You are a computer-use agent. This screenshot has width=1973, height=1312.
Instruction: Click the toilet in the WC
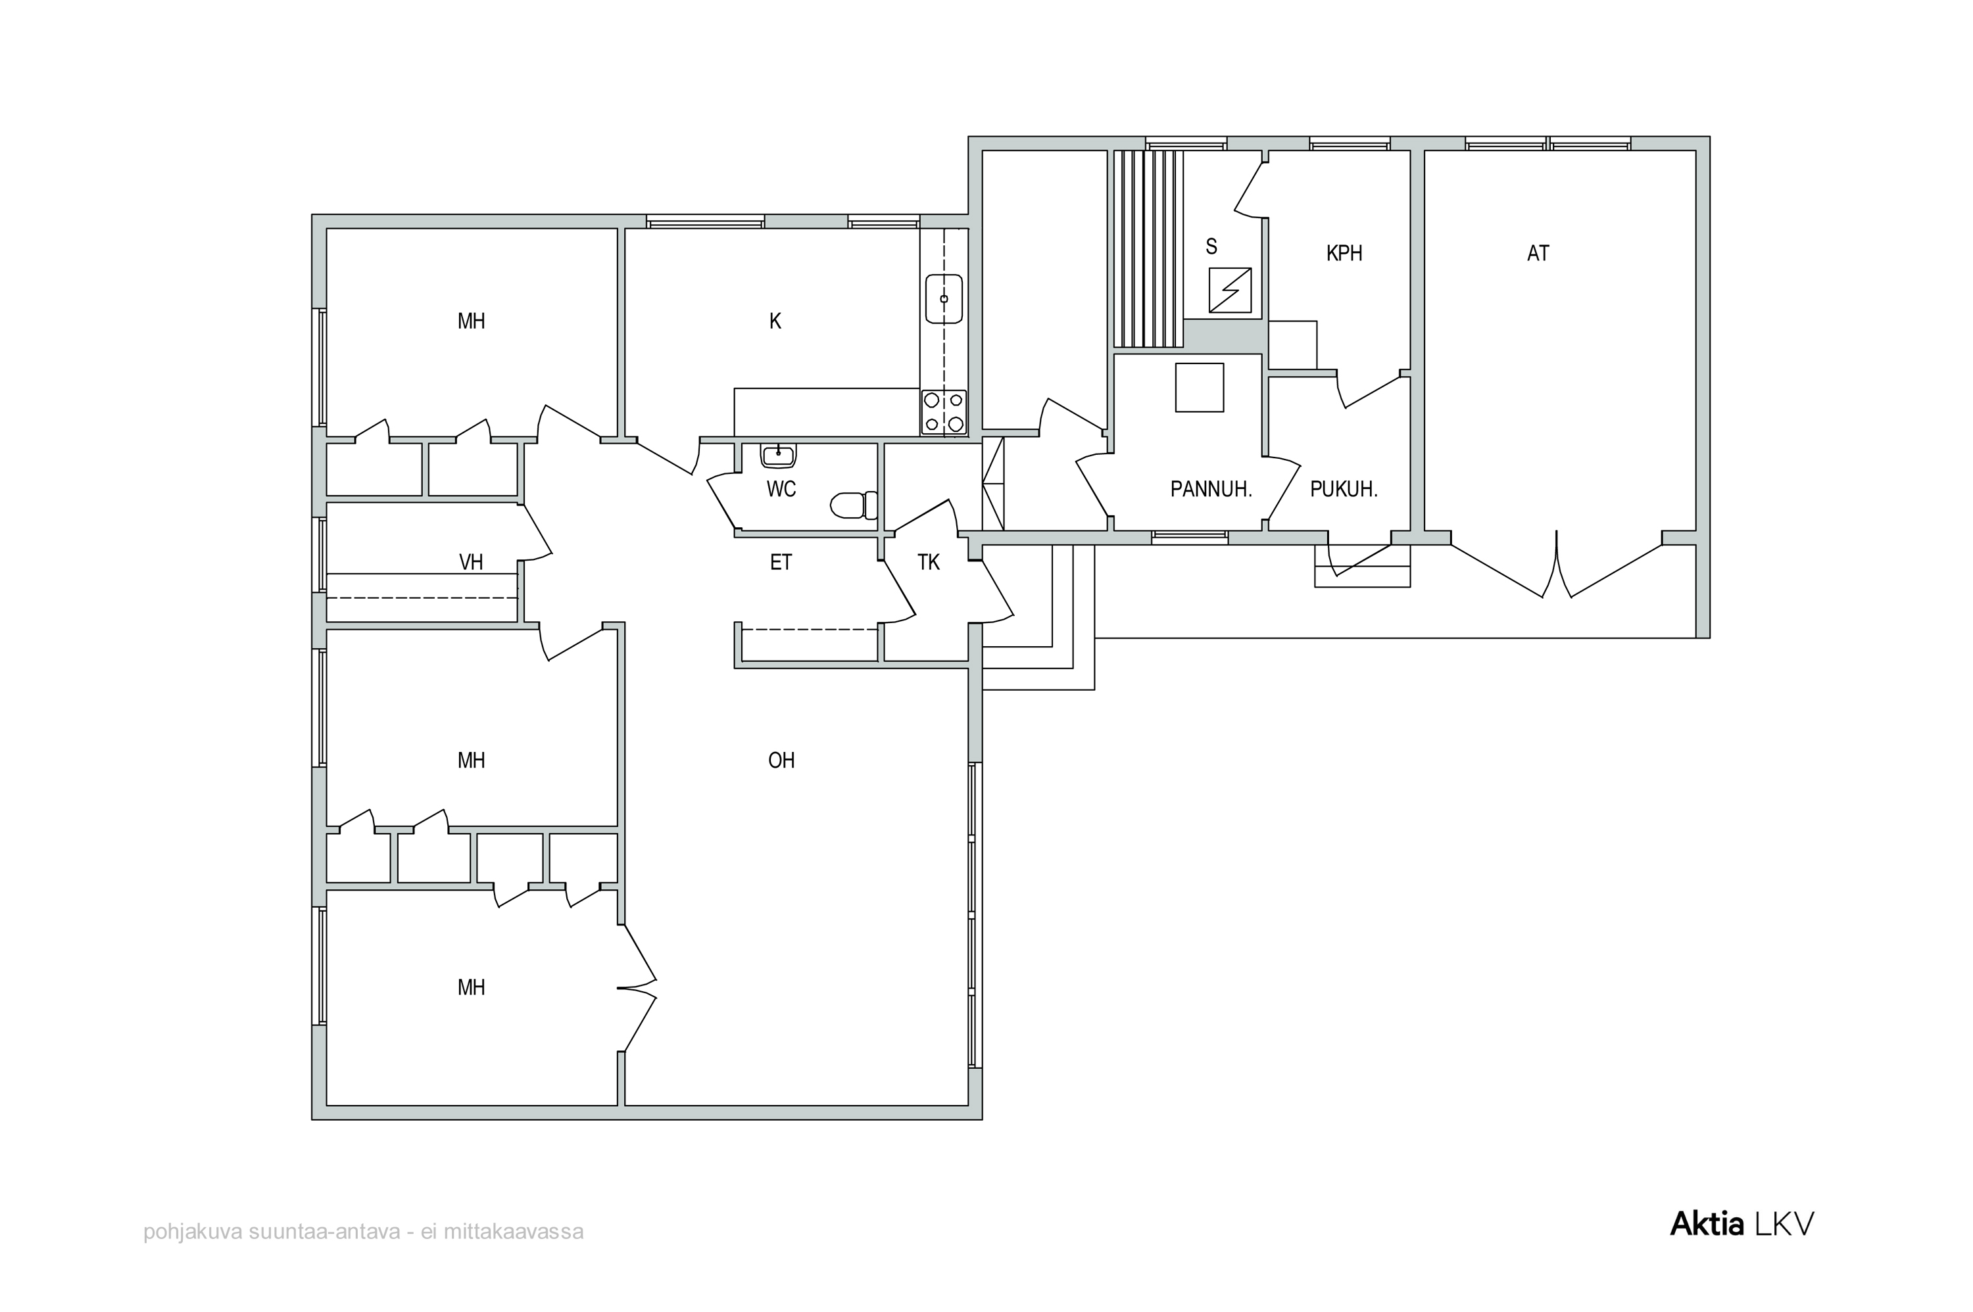[x=854, y=505]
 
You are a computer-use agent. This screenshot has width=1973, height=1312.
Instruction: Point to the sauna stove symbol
[x=1230, y=291]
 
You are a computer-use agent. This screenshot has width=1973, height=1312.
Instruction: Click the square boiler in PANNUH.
[x=1199, y=387]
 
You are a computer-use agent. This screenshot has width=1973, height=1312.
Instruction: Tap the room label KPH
[x=1344, y=252]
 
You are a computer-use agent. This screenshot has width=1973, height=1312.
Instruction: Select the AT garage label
[x=1538, y=252]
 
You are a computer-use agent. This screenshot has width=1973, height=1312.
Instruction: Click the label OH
[x=781, y=760]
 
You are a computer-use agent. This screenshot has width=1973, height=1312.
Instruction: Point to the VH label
[x=472, y=562]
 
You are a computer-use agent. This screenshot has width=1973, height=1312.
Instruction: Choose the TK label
[x=929, y=562]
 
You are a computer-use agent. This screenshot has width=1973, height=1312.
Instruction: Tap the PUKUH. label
[x=1344, y=490]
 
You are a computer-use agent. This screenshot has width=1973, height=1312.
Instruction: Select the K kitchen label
[x=775, y=321]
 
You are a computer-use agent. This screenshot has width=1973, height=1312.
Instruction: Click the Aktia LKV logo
[x=1742, y=1224]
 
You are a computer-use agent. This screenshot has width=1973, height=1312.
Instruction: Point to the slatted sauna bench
[x=1148, y=248]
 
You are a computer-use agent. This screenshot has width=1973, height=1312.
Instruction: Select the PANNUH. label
[x=1210, y=490]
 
